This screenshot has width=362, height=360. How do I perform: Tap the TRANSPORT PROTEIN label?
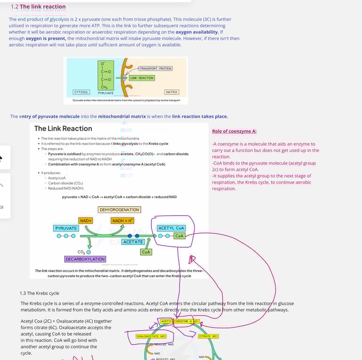tap(155, 68)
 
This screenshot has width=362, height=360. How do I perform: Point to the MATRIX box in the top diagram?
tap(172, 92)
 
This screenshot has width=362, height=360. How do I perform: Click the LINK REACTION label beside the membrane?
tap(142, 78)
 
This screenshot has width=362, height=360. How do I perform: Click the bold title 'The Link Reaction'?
tap(63, 128)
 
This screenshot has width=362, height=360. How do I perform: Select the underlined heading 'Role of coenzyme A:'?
tap(234, 131)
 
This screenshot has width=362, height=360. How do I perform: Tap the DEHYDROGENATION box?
tap(119, 209)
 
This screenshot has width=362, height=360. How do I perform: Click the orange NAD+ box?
tap(86, 220)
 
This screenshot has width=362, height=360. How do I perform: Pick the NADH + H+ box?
tap(123, 220)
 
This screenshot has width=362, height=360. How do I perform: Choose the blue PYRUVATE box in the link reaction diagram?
tap(66, 228)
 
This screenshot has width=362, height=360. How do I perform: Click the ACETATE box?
tap(133, 242)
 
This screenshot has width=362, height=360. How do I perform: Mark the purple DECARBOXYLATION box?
tap(85, 259)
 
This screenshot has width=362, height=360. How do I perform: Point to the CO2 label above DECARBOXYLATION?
tap(81, 252)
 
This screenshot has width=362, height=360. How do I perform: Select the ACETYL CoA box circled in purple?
tap(171, 228)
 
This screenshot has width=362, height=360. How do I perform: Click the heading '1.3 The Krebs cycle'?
tap(39, 293)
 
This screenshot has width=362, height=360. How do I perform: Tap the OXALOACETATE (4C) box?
tap(151, 336)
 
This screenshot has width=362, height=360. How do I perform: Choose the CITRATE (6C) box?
tap(208, 336)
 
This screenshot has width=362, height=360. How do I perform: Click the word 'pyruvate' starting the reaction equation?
tap(71, 197)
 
